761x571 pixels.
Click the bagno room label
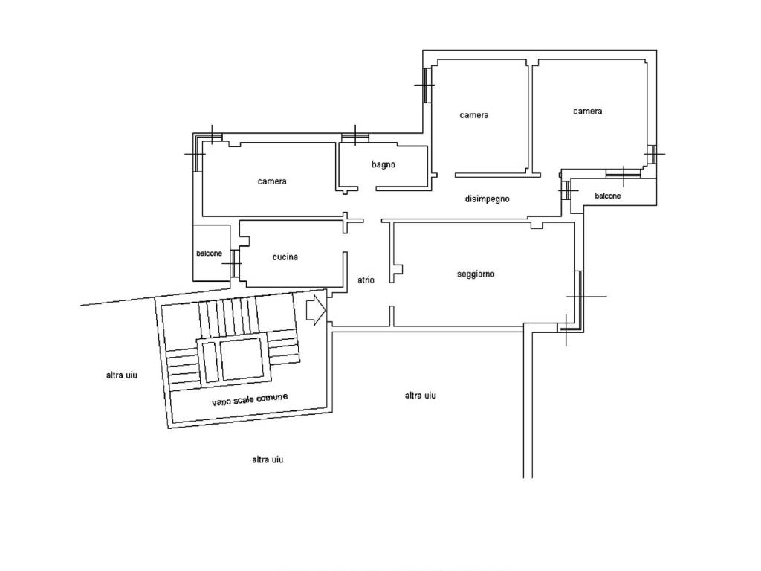click(x=383, y=164)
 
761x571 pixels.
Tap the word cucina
click(x=285, y=257)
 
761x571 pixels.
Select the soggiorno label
click(x=476, y=274)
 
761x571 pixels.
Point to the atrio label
click(x=366, y=280)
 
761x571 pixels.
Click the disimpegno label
click(x=488, y=199)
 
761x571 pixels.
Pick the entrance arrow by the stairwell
click(x=316, y=310)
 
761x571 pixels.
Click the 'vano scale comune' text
click(x=250, y=399)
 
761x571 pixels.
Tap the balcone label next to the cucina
click(x=209, y=254)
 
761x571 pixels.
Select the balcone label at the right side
click(x=608, y=196)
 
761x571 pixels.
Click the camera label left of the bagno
click(x=272, y=181)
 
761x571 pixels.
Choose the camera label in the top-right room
click(x=587, y=112)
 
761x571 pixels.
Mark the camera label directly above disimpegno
click(x=473, y=115)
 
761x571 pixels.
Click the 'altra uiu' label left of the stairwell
click(x=121, y=375)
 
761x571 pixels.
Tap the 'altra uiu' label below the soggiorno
click(x=421, y=396)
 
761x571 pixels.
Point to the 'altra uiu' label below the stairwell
click(x=268, y=459)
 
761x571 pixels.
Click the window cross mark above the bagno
click(x=355, y=135)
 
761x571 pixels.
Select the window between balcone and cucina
click(x=234, y=263)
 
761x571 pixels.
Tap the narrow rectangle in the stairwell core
click(x=210, y=362)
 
